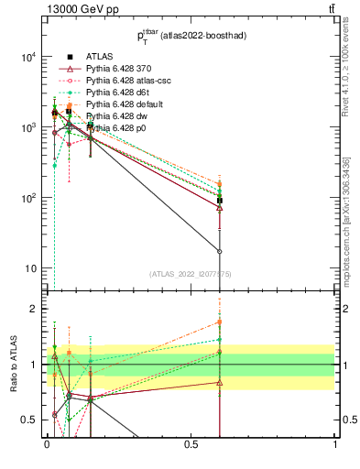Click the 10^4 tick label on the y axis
[x=27, y=57]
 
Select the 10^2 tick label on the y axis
[x=27, y=198]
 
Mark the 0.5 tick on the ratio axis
[x=29, y=420]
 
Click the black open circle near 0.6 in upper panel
[x=220, y=251]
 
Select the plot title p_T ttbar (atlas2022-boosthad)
[x=191, y=37]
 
